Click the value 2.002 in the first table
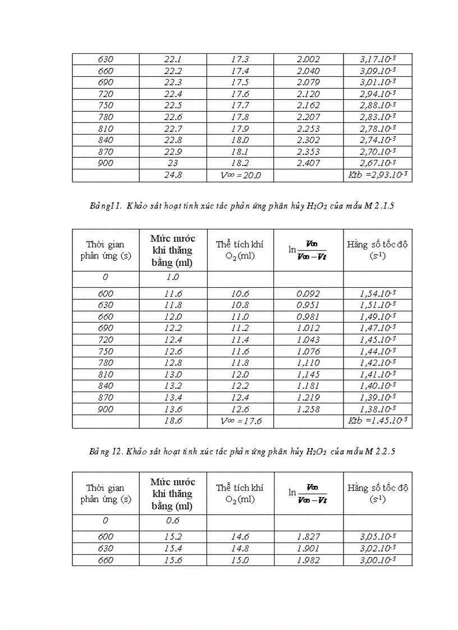308,59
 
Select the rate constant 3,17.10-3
378,59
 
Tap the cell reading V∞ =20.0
241,176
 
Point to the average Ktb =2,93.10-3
378,176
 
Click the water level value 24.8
173,176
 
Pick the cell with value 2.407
308,163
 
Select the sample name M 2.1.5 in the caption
381,206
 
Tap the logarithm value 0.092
308,293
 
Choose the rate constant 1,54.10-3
378,293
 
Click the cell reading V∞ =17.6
241,421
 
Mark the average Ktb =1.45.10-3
378,421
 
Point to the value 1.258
308,409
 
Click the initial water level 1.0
173,277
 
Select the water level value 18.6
173,421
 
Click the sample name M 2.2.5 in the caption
381,451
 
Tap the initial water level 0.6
173,521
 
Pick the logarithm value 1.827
308,537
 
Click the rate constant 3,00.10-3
378,560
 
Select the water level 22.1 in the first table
173,59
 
